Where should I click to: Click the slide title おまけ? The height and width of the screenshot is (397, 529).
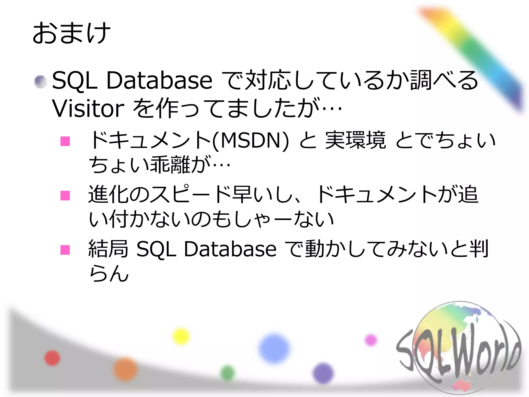pos(72,33)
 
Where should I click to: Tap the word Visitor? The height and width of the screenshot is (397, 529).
pos(88,109)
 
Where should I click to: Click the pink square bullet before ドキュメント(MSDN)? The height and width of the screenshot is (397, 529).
pos(65,141)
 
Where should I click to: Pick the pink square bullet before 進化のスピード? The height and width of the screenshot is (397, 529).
pos(65,195)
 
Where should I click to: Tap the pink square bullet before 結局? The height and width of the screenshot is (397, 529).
pos(65,250)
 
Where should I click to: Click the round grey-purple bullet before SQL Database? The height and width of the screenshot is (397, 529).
pos(40,82)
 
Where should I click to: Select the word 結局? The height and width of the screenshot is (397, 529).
pos(108,249)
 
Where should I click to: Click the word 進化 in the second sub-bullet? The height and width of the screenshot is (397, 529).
pos(108,194)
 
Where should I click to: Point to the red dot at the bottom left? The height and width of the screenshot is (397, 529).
pos(52,358)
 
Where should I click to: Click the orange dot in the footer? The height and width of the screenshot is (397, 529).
pos(125,369)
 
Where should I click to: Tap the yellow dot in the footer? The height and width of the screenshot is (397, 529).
pos(181,336)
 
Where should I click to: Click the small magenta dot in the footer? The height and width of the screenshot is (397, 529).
pos(371,340)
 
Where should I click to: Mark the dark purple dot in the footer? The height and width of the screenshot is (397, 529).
pos(323,373)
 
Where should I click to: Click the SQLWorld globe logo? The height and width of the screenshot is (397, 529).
pos(458,349)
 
